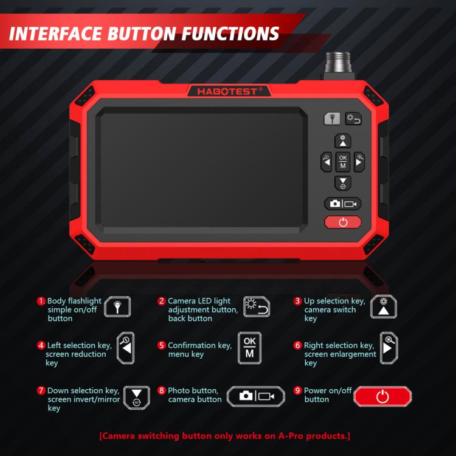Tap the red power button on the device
(343, 222)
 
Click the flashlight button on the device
(332, 119)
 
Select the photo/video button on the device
(343, 204)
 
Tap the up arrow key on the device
(343, 141)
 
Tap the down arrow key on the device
(343, 183)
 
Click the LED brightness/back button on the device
(353, 119)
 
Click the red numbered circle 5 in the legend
(161, 345)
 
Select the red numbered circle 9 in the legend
(297, 390)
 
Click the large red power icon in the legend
(382, 396)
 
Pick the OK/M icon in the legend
(249, 348)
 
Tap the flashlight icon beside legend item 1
(117, 306)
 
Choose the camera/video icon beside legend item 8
(256, 396)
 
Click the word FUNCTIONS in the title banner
(230, 33)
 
